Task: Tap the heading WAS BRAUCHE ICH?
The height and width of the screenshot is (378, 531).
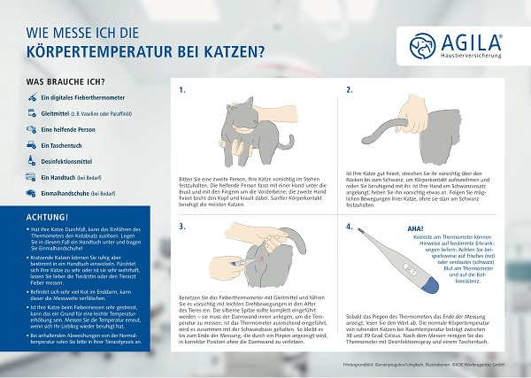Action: click(x=62, y=81)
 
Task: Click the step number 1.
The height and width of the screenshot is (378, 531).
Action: click(x=181, y=89)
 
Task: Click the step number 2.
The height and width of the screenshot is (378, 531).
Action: click(x=350, y=89)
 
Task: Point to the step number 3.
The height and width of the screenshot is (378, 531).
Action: click(x=181, y=226)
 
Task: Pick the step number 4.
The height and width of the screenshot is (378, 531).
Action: click(x=350, y=226)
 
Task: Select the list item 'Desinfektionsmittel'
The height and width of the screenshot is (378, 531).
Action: click(x=75, y=160)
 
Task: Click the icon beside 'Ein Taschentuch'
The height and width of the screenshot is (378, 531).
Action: click(x=31, y=144)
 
